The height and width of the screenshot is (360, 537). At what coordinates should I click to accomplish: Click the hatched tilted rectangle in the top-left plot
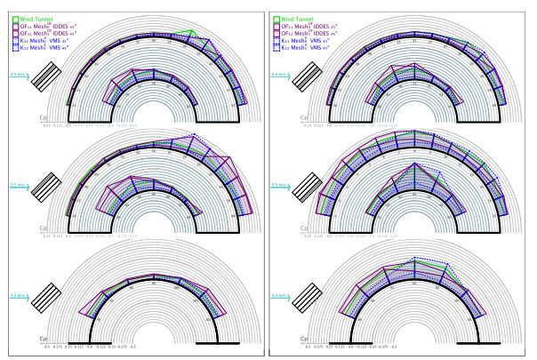(x=45, y=79)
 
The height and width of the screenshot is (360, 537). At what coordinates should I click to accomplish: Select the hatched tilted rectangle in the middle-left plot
(x=45, y=190)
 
